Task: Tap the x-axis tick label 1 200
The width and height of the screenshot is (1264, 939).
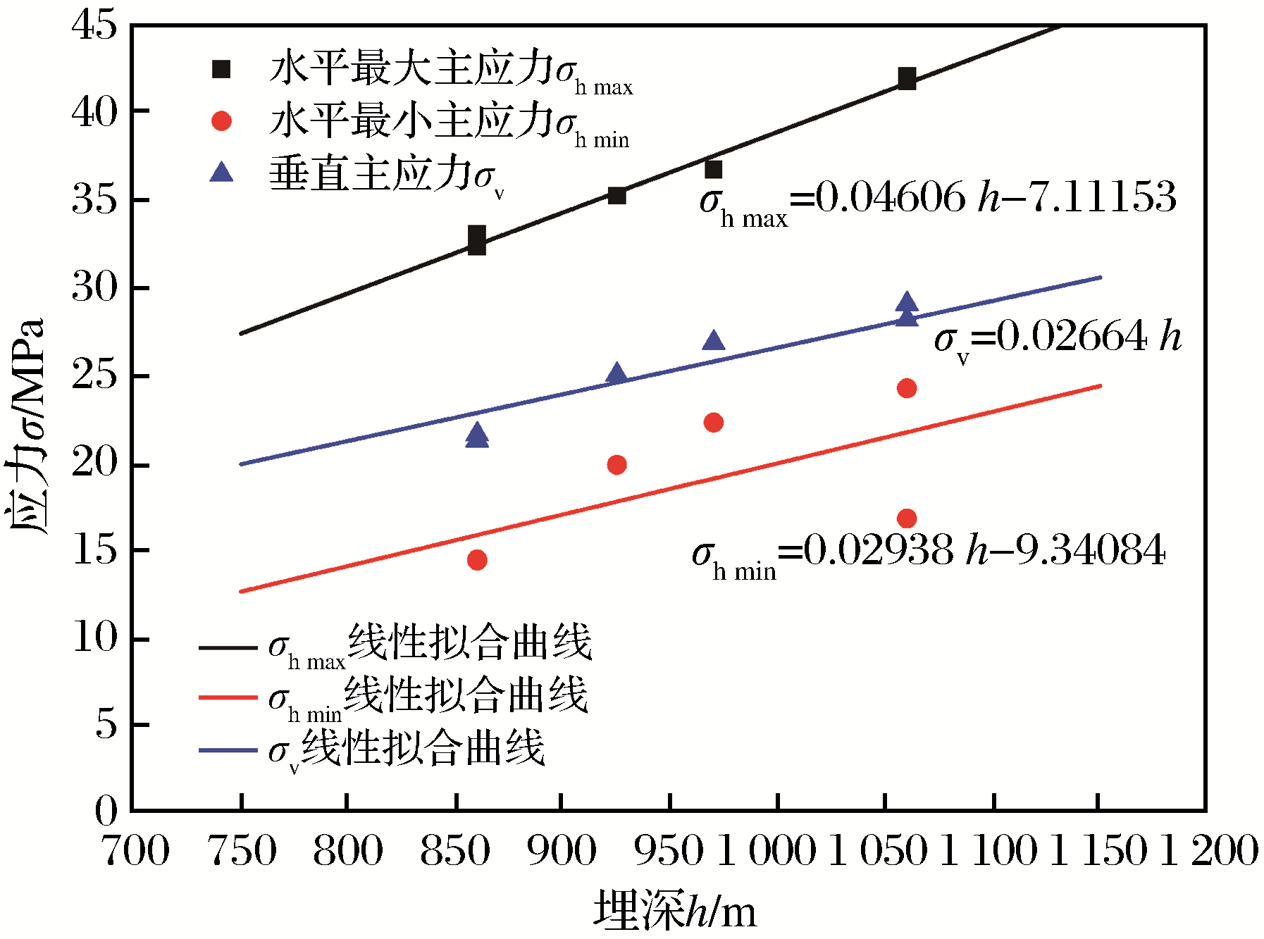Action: [x=1209, y=850]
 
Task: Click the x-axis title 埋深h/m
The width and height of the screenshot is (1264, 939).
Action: [x=674, y=910]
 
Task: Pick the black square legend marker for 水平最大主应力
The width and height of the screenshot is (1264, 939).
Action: [x=222, y=69]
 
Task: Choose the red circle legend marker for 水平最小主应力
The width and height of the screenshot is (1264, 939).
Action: [x=222, y=121]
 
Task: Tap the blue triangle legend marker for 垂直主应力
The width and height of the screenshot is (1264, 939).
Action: [x=222, y=172]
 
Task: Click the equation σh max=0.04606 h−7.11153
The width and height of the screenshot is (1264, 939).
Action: [x=937, y=200]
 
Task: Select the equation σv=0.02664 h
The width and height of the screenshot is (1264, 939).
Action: [x=1057, y=340]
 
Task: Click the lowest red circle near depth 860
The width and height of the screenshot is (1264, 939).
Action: [x=477, y=560]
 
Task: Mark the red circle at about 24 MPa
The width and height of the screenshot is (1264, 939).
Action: [x=907, y=388]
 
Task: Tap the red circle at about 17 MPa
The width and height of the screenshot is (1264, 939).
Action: [x=907, y=518]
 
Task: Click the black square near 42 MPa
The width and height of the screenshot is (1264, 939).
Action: [x=907, y=79]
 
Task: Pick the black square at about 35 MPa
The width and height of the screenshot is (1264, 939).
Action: [x=616, y=195]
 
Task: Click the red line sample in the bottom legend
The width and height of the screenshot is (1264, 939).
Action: [x=228, y=697]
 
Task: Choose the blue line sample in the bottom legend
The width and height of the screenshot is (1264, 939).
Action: [x=228, y=750]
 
